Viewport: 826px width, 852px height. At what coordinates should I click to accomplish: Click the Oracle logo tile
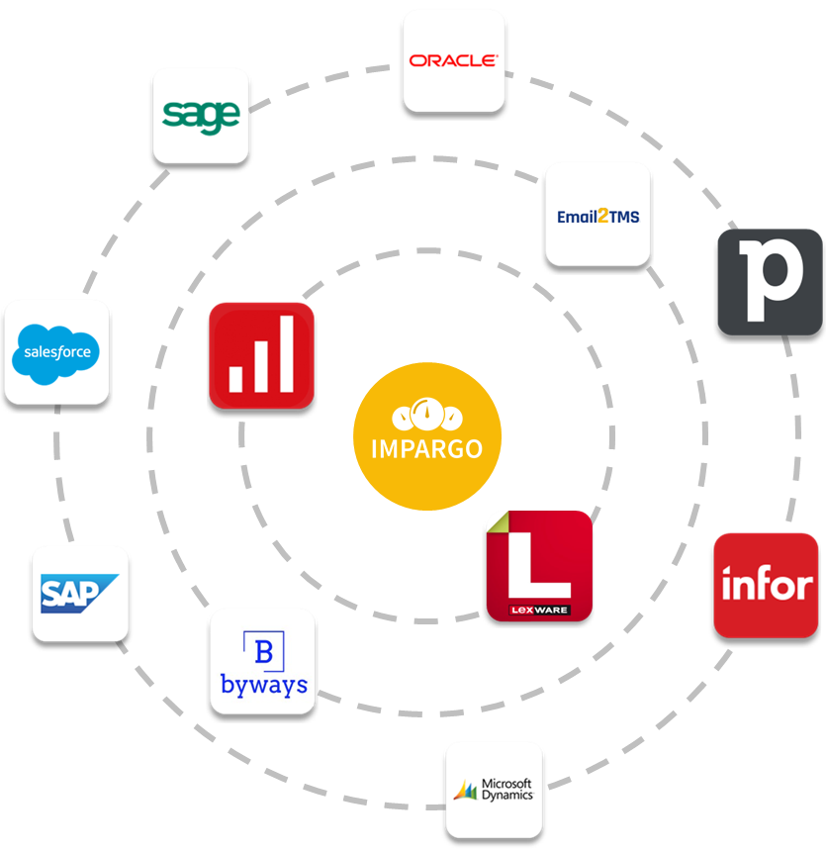point(453,59)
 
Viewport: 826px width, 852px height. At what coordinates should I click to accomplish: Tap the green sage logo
point(201,115)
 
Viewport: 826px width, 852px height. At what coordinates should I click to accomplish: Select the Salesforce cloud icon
point(56,351)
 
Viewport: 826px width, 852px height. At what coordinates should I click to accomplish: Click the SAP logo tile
point(80,593)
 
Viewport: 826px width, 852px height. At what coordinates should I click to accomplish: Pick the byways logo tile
point(262,661)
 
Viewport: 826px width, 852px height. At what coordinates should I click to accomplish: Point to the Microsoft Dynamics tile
point(494,789)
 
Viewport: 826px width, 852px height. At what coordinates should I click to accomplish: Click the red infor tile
point(766,585)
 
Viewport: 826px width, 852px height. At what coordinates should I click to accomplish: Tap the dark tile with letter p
point(770,282)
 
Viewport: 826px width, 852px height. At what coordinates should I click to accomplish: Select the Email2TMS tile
point(597,214)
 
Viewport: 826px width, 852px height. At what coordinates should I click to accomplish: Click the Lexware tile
point(539,566)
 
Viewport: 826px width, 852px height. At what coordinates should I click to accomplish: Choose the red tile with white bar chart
point(261,355)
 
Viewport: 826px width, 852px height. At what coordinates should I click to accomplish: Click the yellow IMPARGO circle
point(427,436)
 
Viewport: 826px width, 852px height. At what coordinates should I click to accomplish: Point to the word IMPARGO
point(427,448)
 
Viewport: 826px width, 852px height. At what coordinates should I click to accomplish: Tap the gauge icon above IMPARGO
point(427,413)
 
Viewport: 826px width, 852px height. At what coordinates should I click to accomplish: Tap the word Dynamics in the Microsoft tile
point(508,795)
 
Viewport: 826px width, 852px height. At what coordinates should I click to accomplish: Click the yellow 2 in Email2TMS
point(597,215)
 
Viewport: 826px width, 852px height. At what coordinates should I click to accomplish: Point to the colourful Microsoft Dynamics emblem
point(465,790)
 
